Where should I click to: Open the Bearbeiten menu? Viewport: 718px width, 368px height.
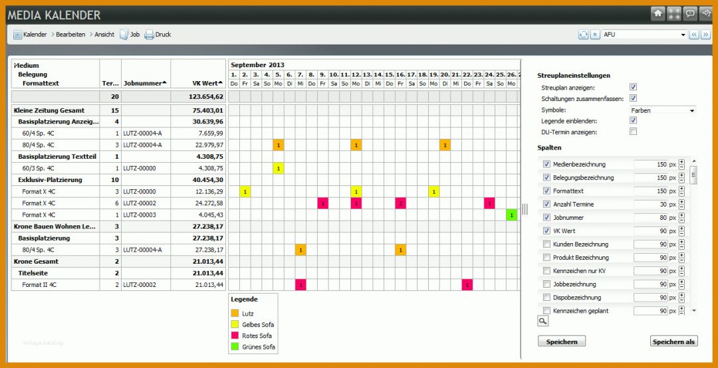[x=70, y=35]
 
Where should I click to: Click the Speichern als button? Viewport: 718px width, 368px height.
[x=673, y=341]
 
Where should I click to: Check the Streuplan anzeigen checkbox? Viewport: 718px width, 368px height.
[x=633, y=87]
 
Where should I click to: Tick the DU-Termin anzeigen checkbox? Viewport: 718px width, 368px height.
[x=633, y=132]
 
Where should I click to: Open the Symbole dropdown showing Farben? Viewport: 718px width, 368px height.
[x=661, y=110]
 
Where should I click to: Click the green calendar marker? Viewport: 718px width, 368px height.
[x=511, y=215]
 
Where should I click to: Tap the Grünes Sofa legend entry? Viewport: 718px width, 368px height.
[x=258, y=347]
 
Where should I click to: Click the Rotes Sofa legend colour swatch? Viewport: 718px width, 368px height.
[x=235, y=335]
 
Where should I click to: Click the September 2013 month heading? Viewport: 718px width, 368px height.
[x=258, y=65]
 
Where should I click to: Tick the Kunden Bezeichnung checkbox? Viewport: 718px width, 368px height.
[x=546, y=244]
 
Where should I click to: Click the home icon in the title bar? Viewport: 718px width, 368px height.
[x=658, y=13]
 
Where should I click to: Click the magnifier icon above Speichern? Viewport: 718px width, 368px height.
[x=543, y=321]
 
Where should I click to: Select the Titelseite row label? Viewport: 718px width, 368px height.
[x=33, y=273]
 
